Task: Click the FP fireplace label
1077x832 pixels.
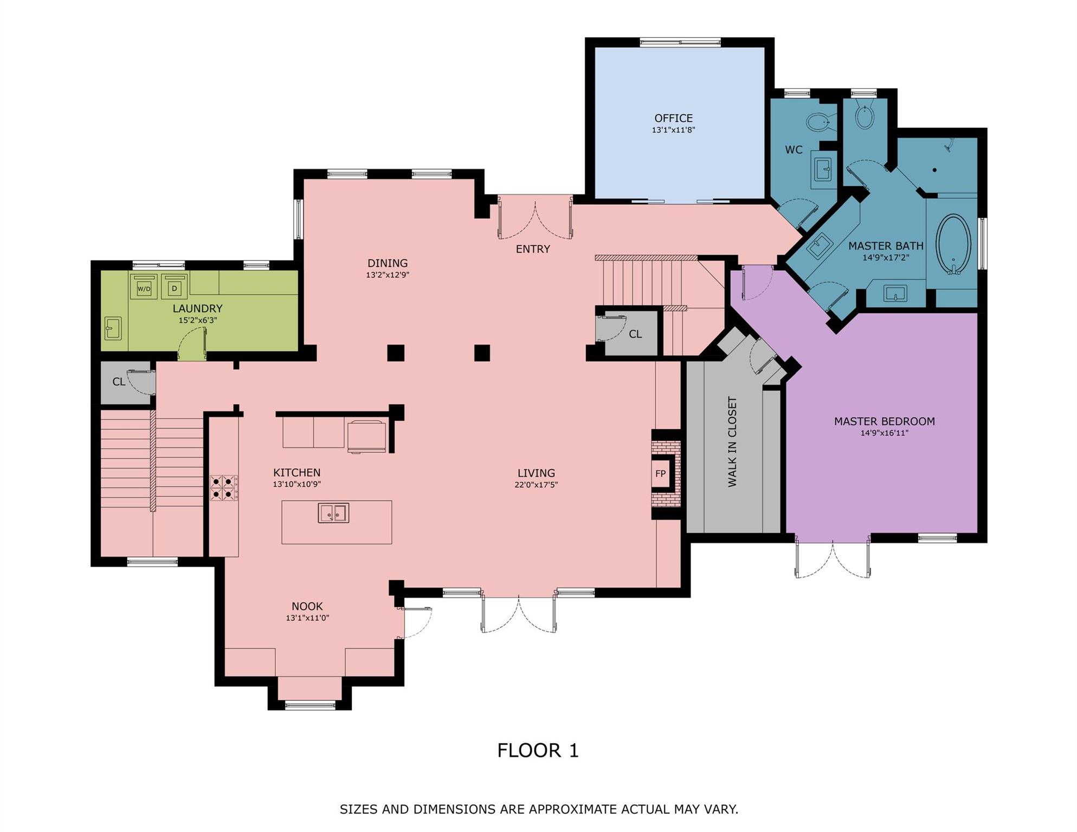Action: [x=660, y=473]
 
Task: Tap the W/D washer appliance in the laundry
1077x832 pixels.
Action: [x=144, y=287]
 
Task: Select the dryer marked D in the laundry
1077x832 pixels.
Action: [x=174, y=287]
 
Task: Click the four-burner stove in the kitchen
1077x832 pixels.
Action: [x=223, y=487]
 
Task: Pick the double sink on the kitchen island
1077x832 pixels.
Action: [x=333, y=512]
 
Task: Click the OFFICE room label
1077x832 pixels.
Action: [x=673, y=118]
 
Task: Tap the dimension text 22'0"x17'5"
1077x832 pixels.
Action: [x=536, y=485]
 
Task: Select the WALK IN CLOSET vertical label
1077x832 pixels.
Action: [x=732, y=441]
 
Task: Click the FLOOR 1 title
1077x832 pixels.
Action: [x=538, y=750]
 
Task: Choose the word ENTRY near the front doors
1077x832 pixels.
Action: [x=532, y=249]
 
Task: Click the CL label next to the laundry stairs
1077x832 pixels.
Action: [x=119, y=382]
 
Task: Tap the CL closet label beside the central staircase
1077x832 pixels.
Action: [x=635, y=334]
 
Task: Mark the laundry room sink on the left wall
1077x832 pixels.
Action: [x=113, y=328]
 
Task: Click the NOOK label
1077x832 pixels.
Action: [x=307, y=606]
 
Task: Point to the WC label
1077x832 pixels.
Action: [x=794, y=149]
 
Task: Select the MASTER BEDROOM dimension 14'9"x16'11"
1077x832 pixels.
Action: [x=884, y=433]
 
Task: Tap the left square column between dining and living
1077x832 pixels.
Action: [x=396, y=353]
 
